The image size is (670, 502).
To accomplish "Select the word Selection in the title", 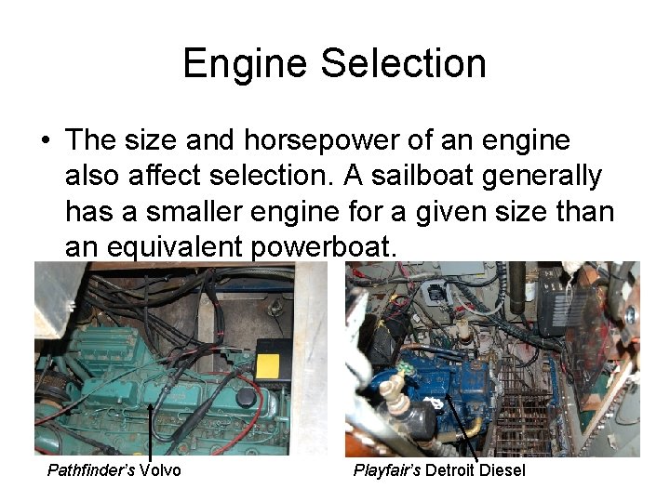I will coord(404,64).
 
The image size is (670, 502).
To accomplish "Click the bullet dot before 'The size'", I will coord(45,141).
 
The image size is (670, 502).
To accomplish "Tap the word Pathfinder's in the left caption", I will coord(91,470).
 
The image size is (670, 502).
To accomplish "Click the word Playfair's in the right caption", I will coord(387,470).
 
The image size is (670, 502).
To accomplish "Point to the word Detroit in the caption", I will coord(452,470).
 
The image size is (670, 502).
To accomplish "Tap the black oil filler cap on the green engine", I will coord(247,398).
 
